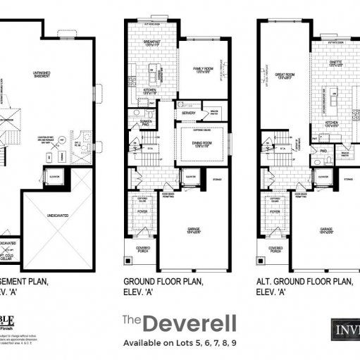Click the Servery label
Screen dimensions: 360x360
pos(188,113)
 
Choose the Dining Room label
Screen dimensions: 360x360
pos(203,144)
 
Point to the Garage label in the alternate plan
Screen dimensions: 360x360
pos(325,229)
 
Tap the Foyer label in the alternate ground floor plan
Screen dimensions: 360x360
pos(275,211)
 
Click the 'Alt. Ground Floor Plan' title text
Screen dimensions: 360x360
pos(302,281)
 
